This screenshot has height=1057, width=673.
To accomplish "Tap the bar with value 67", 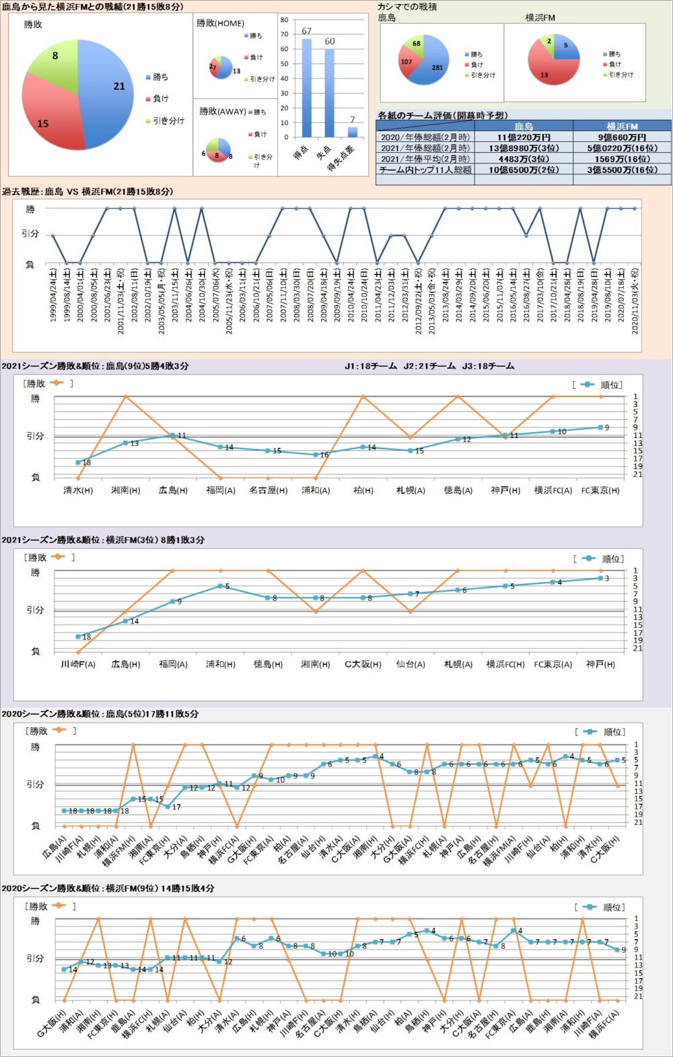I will point(307,88).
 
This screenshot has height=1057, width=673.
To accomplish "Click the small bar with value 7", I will point(352,132).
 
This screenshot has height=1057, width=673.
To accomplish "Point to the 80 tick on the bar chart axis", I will point(285,20).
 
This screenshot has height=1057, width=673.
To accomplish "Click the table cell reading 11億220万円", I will point(524,137).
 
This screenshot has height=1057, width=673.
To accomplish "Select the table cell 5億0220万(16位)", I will point(622,148).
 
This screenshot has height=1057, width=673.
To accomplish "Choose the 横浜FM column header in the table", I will point(622,126).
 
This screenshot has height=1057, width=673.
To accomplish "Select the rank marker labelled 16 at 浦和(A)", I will point(316,455).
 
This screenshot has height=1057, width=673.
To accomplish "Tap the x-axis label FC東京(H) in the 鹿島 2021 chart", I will point(600,490).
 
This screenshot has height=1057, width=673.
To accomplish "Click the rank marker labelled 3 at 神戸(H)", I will point(600,578).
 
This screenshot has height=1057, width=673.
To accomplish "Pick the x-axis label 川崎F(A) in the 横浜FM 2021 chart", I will point(78,664).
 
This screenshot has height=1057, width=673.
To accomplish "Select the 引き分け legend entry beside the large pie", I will point(164,121).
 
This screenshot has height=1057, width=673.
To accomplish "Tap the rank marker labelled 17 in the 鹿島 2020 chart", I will point(168,806).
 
